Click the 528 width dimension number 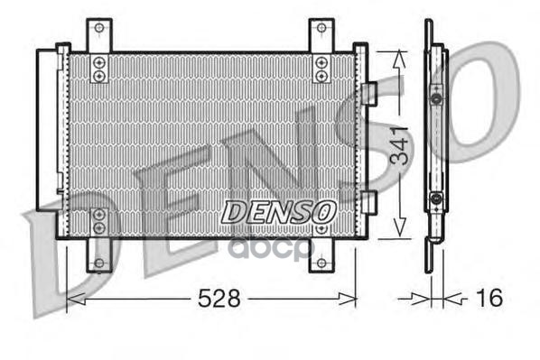pyautogui.click(x=219, y=298)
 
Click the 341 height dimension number pyautogui.click(x=399, y=145)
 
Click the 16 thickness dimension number pyautogui.click(x=489, y=298)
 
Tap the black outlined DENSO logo pyautogui.click(x=278, y=212)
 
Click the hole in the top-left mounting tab pyautogui.click(x=99, y=28)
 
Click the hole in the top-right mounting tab pyautogui.click(x=321, y=28)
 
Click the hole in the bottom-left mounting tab pyautogui.click(x=99, y=263)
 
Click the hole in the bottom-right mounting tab pyautogui.click(x=321, y=263)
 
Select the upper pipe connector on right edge pyautogui.click(x=368, y=94)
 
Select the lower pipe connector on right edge pyautogui.click(x=368, y=202)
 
